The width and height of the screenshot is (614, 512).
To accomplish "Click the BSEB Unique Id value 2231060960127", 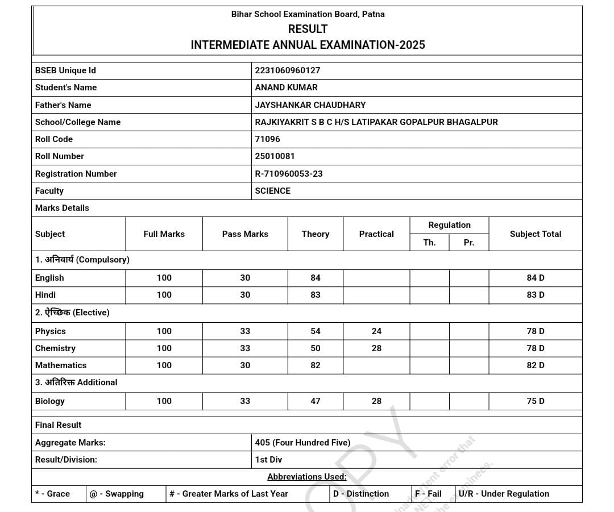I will (x=288, y=70).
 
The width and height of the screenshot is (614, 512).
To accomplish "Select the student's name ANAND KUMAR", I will (x=287, y=88).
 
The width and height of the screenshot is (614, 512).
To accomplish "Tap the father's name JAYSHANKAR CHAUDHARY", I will (x=310, y=105).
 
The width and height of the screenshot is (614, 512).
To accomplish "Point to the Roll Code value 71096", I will (x=268, y=139).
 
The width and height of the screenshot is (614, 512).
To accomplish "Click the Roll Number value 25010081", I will (x=275, y=156).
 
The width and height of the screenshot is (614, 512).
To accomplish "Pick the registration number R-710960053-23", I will (x=289, y=174).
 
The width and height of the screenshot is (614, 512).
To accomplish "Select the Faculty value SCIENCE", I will (x=273, y=191).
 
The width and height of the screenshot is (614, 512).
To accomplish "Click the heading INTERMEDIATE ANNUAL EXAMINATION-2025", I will (x=308, y=45).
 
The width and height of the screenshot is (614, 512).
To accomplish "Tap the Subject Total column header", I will (x=536, y=234).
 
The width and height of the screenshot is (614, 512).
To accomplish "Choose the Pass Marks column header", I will (x=245, y=234).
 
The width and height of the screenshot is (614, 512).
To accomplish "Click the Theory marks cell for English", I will (x=316, y=278).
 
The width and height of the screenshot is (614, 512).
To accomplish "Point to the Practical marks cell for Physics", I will (x=376, y=331).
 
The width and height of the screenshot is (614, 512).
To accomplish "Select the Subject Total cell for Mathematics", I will (x=536, y=365).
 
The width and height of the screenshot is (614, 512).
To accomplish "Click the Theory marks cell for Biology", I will (x=316, y=401).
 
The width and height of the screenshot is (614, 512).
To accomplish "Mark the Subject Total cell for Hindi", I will (x=536, y=295).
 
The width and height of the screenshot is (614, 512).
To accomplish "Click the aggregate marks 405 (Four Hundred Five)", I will (x=302, y=443).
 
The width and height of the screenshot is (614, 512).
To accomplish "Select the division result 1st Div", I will (x=268, y=460).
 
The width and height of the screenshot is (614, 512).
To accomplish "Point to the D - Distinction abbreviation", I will (x=361, y=494).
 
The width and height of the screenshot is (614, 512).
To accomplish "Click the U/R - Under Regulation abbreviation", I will (x=504, y=494).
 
